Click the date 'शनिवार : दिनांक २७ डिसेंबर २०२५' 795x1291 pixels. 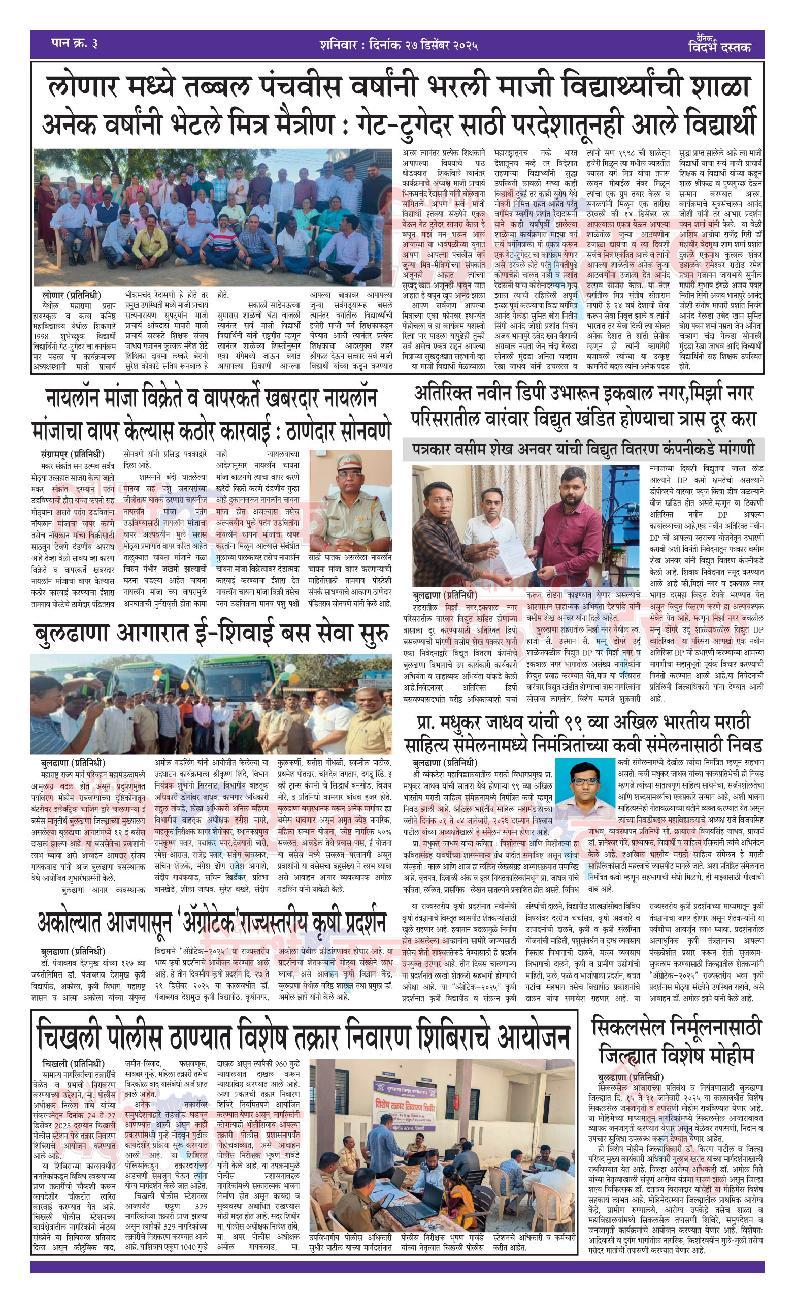pyautogui.click(x=398, y=45)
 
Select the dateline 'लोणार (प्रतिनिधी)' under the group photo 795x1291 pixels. pyautogui.click(x=72, y=295)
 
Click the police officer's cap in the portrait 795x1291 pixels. pyautogui.click(x=349, y=461)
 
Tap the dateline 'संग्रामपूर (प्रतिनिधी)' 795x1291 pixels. pyautogui.click(x=72, y=454)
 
